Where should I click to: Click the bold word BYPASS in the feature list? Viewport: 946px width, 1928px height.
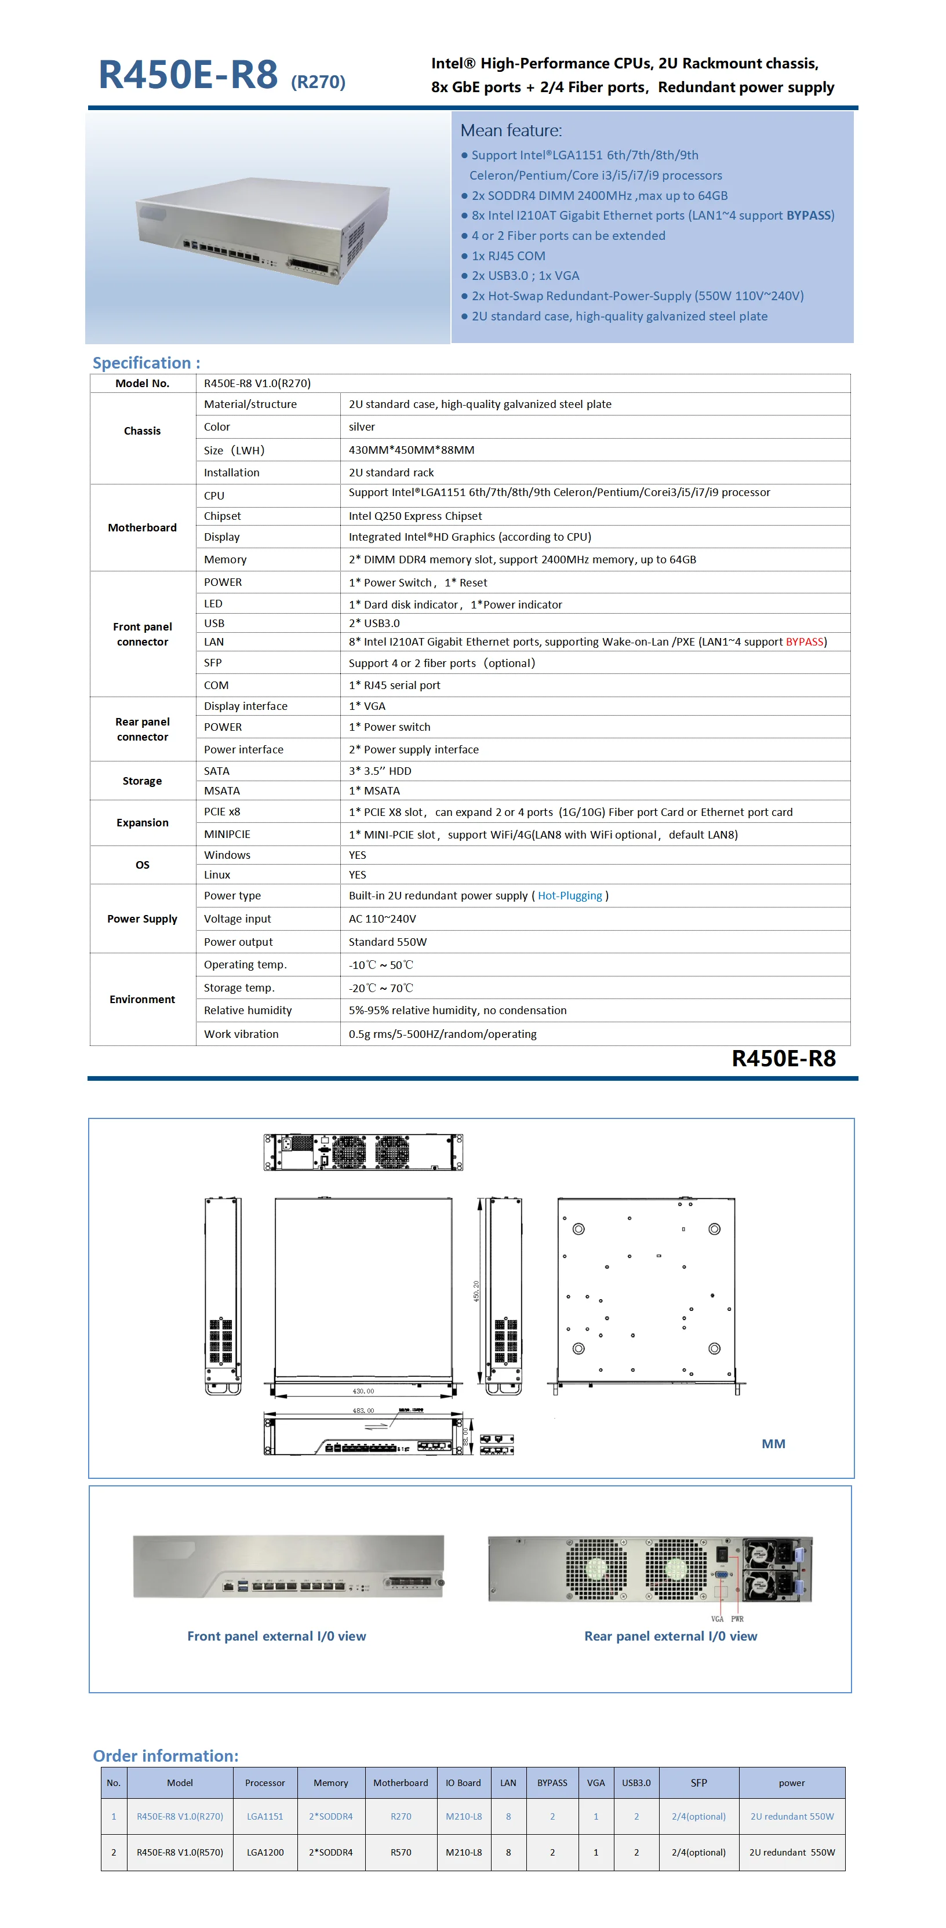[x=807, y=216]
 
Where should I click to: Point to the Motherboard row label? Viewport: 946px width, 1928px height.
[x=142, y=528]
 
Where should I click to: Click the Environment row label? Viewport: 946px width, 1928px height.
[x=142, y=999]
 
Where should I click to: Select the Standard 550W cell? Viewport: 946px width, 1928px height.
[x=387, y=942]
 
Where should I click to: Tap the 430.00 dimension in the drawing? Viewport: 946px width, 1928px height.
[x=363, y=1391]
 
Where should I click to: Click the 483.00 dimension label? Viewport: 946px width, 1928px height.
[x=363, y=1411]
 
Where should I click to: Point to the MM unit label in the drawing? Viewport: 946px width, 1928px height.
[x=773, y=1444]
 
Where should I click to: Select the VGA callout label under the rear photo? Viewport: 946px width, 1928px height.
[x=717, y=1619]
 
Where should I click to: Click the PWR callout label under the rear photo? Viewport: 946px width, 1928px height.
[x=737, y=1619]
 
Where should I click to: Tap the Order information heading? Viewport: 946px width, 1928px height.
[x=165, y=1755]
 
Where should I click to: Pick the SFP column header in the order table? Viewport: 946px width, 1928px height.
[x=698, y=1783]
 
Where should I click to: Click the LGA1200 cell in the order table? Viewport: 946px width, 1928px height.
[x=265, y=1853]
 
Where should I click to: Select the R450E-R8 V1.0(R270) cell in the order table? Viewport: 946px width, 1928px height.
[x=180, y=1817]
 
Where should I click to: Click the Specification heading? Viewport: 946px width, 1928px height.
[x=146, y=363]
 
